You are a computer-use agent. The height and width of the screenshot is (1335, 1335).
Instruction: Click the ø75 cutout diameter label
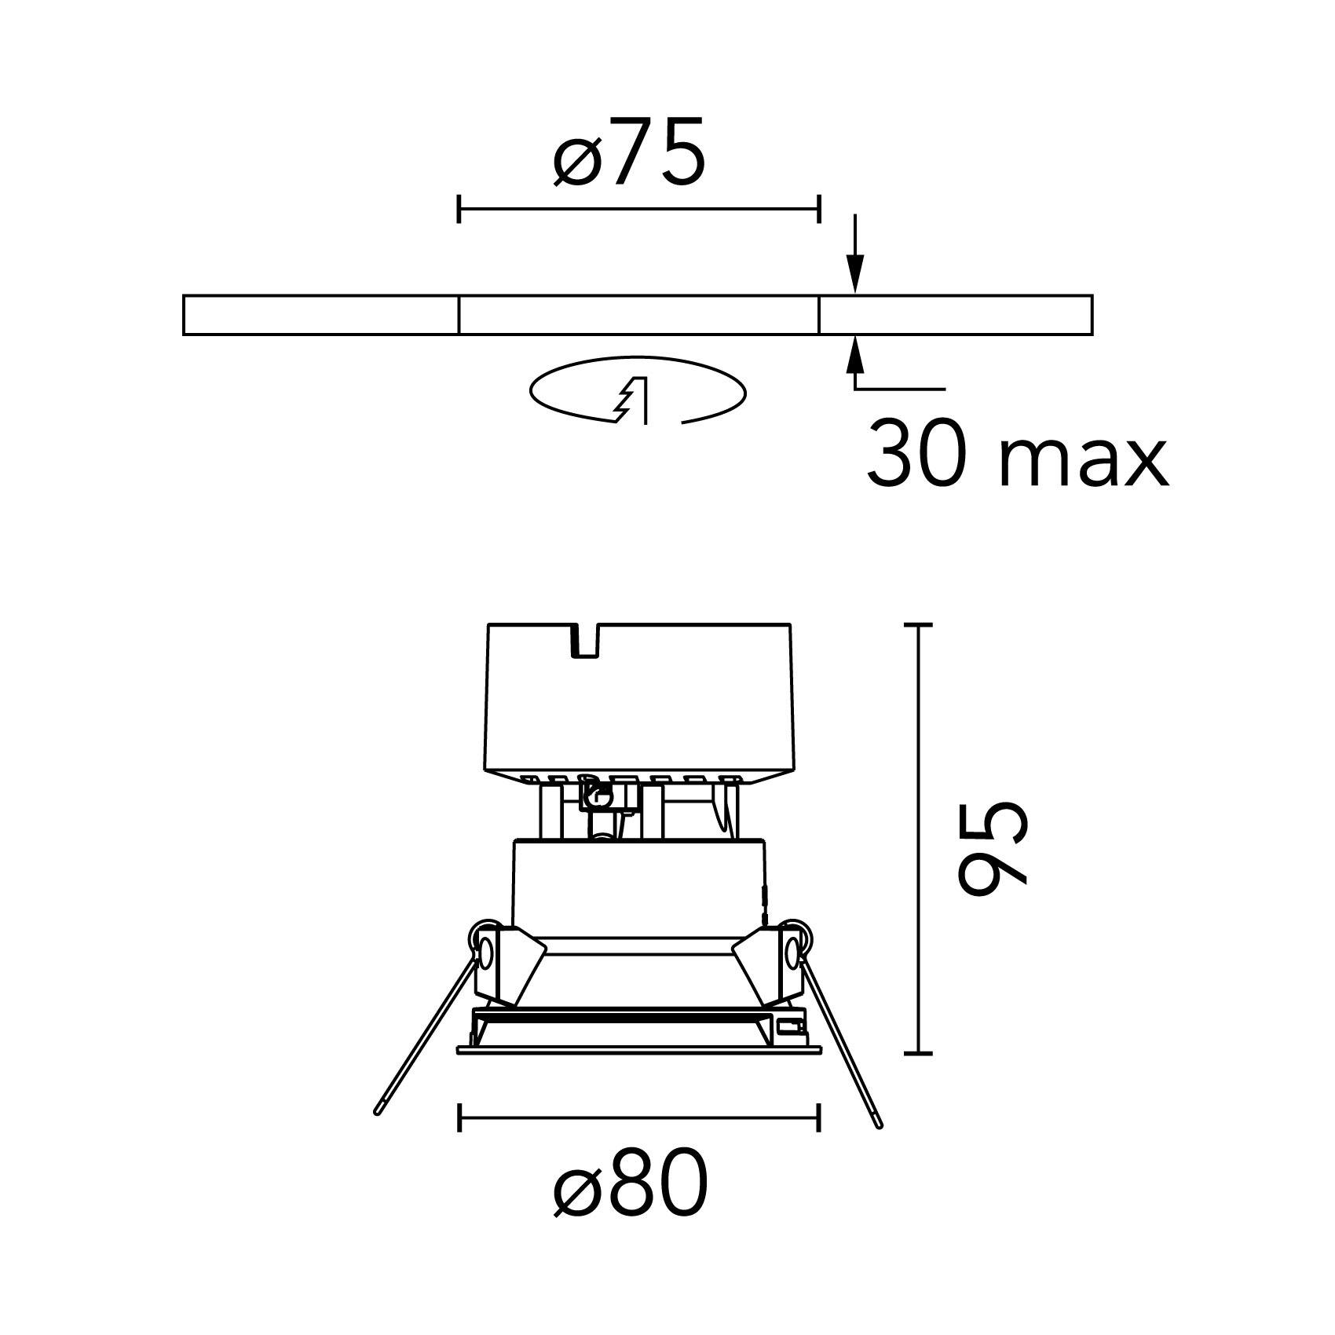tap(629, 153)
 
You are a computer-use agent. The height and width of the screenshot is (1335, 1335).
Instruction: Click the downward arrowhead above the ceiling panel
tap(856, 276)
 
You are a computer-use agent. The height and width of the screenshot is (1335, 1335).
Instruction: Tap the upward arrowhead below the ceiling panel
tap(856, 356)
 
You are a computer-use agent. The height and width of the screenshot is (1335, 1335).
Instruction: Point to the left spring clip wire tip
tap(379, 1110)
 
